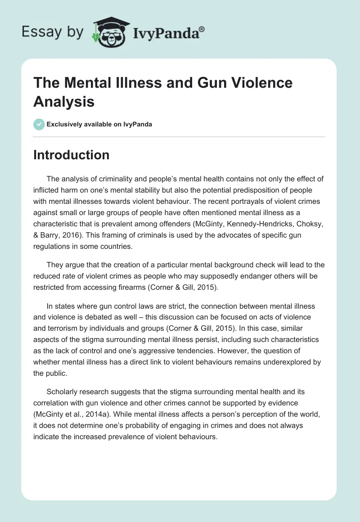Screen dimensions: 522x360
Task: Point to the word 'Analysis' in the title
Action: [64, 102]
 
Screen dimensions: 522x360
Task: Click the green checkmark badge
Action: [39, 124]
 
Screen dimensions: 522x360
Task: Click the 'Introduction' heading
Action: [72, 155]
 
